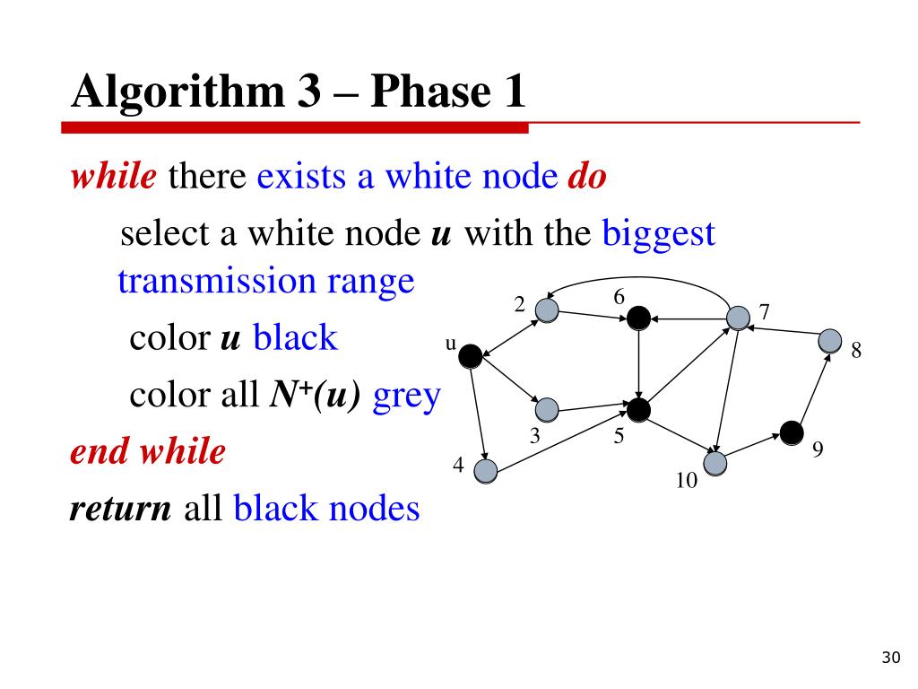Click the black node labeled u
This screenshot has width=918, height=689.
pyautogui.click(x=471, y=357)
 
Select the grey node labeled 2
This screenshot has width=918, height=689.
pyautogui.click(x=547, y=310)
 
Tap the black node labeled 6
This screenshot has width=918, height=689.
pyautogui.click(x=638, y=317)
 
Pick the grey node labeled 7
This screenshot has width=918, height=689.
pyautogui.click(x=738, y=317)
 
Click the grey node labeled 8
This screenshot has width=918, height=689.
pyautogui.click(x=831, y=341)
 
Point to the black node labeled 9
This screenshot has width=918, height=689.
pyautogui.click(x=791, y=433)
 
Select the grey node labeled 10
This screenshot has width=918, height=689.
pyautogui.click(x=715, y=463)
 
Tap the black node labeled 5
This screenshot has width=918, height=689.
pyautogui.click(x=638, y=410)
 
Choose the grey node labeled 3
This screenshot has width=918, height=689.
pyautogui.click(x=547, y=410)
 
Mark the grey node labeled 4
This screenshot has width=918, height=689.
pyautogui.click(x=485, y=470)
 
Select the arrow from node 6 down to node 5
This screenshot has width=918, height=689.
pyautogui.click(x=638, y=363)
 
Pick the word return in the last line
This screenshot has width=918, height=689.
pyautogui.click(x=120, y=509)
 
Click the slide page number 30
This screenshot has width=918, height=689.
pyautogui.click(x=889, y=659)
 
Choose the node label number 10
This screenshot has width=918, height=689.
pyautogui.click(x=687, y=481)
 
